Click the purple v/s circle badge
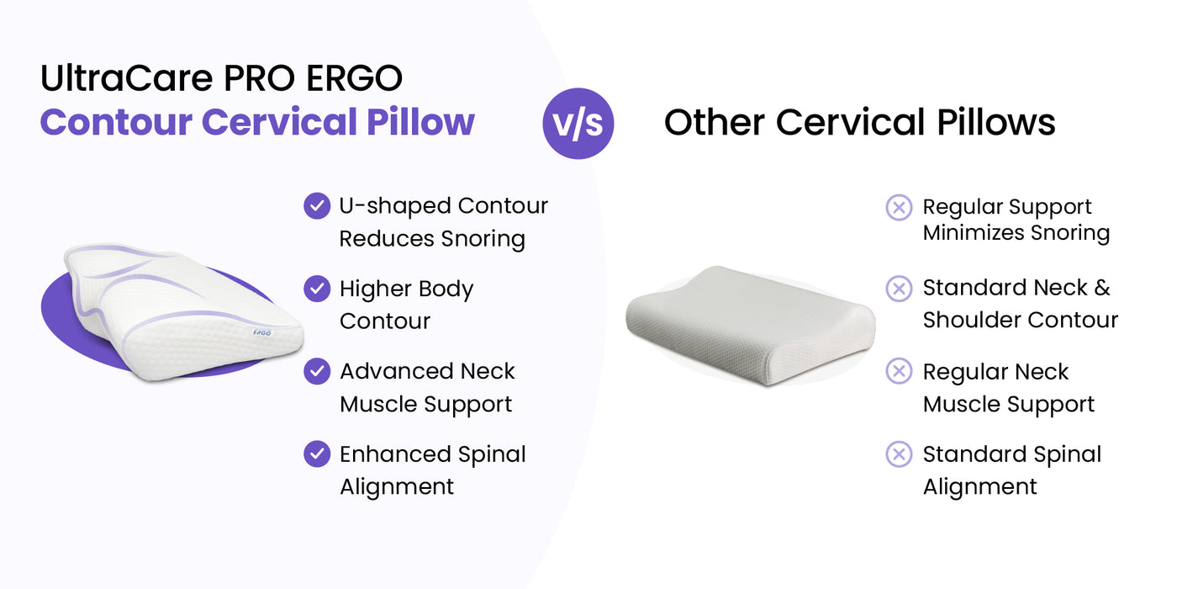(x=578, y=124)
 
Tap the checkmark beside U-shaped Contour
(x=317, y=205)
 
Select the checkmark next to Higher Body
(x=317, y=289)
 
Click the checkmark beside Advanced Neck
(x=317, y=371)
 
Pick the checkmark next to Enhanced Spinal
(x=317, y=454)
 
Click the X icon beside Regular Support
(x=899, y=207)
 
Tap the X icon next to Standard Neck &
(x=899, y=289)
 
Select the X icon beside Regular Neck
(x=899, y=371)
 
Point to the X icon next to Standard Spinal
(x=899, y=454)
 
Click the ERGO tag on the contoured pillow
(x=261, y=333)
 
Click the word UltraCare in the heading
(x=127, y=77)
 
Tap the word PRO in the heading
(x=260, y=77)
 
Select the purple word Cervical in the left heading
(x=279, y=122)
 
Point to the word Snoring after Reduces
(x=483, y=239)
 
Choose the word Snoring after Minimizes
(x=1070, y=233)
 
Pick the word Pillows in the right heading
(x=996, y=122)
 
